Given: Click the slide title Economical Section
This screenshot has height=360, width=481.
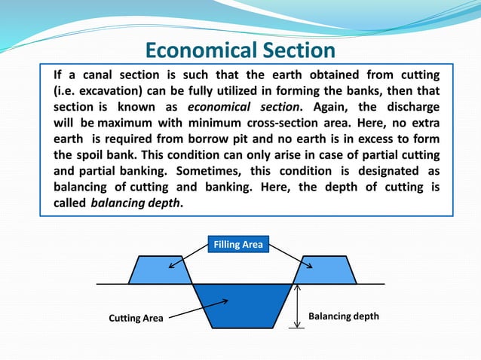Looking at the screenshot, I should [240, 50].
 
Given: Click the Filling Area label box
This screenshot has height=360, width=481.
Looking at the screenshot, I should [238, 244].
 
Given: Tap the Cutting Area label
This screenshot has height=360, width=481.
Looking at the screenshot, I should [136, 318].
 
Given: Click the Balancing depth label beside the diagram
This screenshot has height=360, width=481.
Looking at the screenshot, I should [344, 317].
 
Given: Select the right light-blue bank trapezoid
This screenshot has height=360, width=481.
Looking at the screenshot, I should [324, 270].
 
